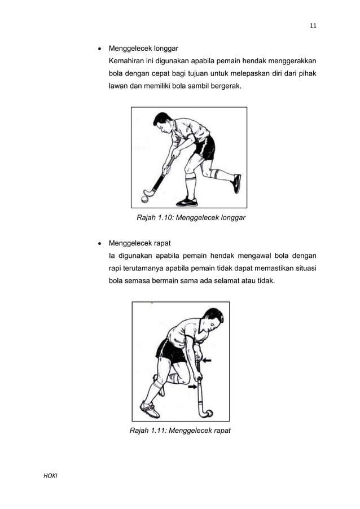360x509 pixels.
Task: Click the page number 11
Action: [x=313, y=25]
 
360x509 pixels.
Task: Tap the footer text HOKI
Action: [x=51, y=477]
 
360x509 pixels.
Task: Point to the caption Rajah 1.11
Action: [x=180, y=431]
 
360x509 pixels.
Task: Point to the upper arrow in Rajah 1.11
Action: [x=207, y=359]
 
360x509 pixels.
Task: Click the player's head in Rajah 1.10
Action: [x=162, y=121]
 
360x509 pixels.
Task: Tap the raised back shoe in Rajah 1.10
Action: [x=237, y=183]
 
